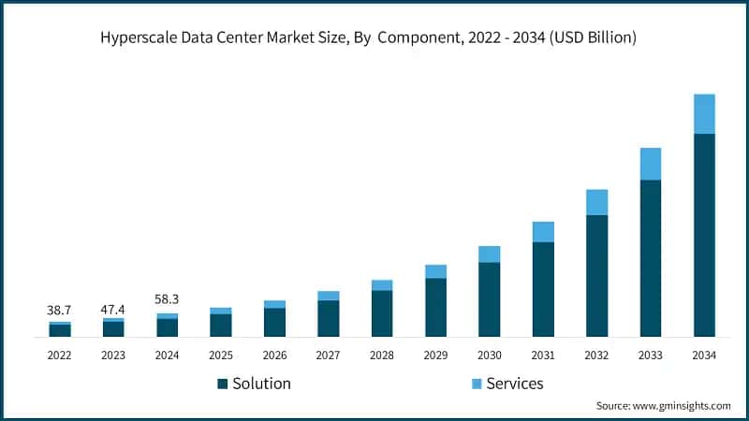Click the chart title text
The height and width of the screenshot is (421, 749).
pyautogui.click(x=374, y=38)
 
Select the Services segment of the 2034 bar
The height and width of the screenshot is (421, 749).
pyautogui.click(x=704, y=114)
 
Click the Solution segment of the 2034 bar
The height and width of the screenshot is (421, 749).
pyautogui.click(x=704, y=235)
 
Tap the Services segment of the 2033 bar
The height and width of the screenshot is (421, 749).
pyautogui.click(x=651, y=164)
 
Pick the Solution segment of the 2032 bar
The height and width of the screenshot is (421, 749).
pyautogui.click(x=596, y=276)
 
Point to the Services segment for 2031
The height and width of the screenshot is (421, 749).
pyautogui.click(x=543, y=232)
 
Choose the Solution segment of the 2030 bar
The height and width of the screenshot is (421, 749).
pyautogui.click(x=490, y=299)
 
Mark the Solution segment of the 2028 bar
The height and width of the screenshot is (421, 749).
pyautogui.click(x=382, y=313)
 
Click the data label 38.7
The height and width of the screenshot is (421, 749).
pyautogui.click(x=60, y=309)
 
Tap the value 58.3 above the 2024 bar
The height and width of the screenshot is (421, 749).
pyautogui.click(x=168, y=299)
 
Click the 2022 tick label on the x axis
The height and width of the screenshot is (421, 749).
pyautogui.click(x=60, y=356)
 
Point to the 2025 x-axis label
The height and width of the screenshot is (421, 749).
pyautogui.click(x=221, y=356)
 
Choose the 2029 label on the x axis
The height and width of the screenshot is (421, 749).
pyautogui.click(x=435, y=356)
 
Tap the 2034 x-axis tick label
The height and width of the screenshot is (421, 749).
pyautogui.click(x=704, y=356)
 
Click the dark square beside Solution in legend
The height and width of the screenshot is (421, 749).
pyautogui.click(x=222, y=384)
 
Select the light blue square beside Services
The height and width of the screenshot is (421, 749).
pyautogui.click(x=476, y=384)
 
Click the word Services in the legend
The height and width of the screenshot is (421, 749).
pyautogui.click(x=514, y=384)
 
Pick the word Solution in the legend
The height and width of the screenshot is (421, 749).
pyautogui.click(x=261, y=384)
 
